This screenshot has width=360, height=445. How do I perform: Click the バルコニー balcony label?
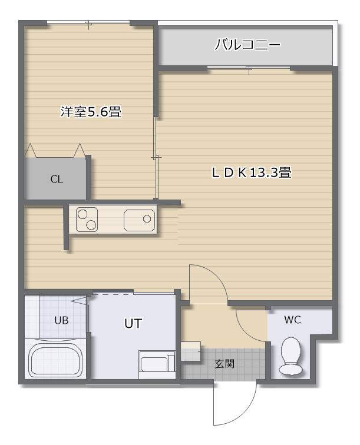(247, 45)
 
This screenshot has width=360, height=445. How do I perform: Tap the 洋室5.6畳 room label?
(91, 111)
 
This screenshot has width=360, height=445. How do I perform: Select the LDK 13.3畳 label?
(252, 172)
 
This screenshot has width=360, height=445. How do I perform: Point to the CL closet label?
(57, 180)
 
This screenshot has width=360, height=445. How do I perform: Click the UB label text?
(61, 320)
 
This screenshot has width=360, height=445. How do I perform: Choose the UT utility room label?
(133, 323)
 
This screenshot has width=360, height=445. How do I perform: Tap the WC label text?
(293, 320)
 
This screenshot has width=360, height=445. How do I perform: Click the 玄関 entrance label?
(224, 364)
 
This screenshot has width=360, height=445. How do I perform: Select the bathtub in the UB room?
(55, 360)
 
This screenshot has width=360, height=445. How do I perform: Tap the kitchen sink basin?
(139, 220)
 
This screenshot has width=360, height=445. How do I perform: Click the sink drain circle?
(147, 219)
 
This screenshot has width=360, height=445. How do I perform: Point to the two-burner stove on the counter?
(87, 220)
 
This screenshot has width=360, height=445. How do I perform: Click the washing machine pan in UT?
(157, 364)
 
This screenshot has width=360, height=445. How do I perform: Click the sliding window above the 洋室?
(89, 23)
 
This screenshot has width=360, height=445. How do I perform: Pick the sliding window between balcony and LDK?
(249, 68)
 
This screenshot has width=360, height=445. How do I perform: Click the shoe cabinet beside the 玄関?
(191, 351)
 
